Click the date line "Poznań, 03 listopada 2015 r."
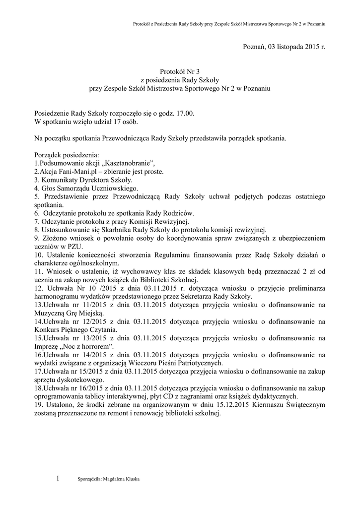284,47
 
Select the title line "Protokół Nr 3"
179,72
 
